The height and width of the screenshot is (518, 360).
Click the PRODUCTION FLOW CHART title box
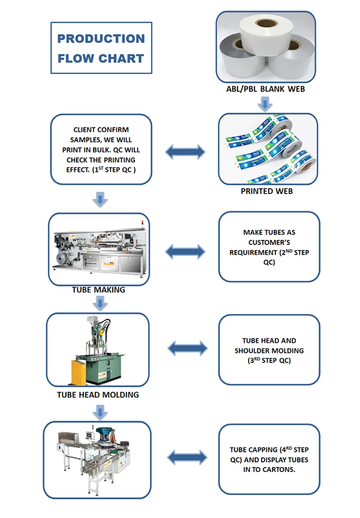101,48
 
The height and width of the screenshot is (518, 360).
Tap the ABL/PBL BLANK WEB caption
265,89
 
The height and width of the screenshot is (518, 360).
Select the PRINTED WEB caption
267,191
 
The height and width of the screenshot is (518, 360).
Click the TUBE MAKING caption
98,290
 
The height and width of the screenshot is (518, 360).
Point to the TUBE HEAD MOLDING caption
98,395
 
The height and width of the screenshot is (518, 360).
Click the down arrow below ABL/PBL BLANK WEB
265,104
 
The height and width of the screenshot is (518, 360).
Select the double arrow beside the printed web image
185,152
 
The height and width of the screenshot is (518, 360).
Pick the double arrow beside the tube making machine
185,251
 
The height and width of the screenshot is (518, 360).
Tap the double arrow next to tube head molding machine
188,348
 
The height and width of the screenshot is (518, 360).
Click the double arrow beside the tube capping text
187,458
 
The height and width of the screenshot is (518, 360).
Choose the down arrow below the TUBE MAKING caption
100,303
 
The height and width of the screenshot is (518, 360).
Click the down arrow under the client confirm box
100,199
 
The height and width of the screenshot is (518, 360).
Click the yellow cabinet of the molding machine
79,372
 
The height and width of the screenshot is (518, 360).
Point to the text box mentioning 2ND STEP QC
269,247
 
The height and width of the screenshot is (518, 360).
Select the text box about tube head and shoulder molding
269,350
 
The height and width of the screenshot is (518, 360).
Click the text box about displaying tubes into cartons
269,459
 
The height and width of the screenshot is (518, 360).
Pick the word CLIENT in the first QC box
83,130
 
